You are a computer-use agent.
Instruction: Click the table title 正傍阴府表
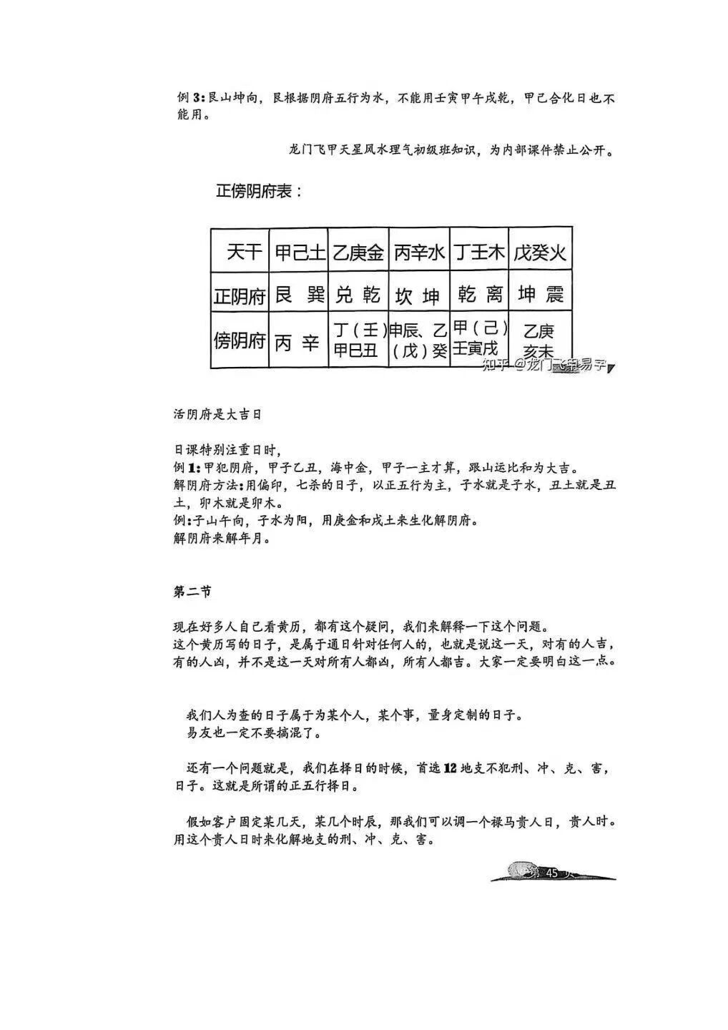tap(259, 192)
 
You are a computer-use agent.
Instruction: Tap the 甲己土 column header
tap(299, 252)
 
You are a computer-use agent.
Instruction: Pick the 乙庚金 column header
tap(358, 252)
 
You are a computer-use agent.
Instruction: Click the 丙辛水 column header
tap(419, 252)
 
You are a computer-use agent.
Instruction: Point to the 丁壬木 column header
tap(479, 252)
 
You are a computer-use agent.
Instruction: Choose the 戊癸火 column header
tap(540, 252)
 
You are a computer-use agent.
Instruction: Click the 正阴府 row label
tap(240, 295)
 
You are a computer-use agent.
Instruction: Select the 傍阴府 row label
tap(240, 340)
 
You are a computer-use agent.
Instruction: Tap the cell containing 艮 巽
tap(299, 294)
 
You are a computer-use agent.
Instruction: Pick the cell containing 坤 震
tap(541, 294)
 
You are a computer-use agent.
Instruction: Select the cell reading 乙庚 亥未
tap(539, 340)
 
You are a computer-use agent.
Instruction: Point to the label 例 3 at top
tap(191, 98)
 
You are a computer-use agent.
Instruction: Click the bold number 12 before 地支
tap(450, 769)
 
